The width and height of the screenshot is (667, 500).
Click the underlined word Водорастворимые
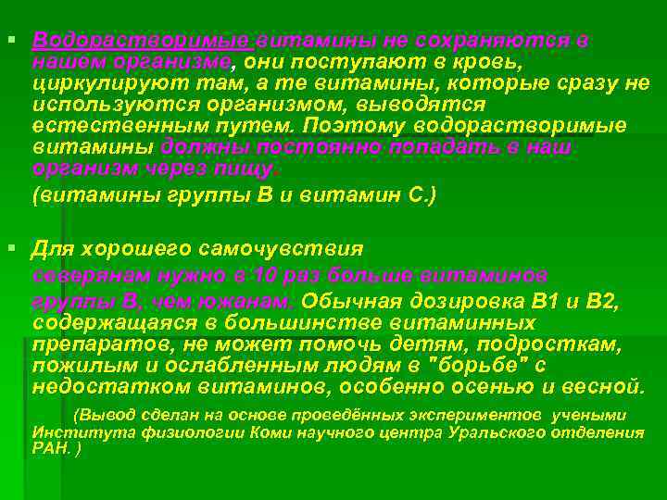point(141,42)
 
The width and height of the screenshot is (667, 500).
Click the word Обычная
point(354,301)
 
